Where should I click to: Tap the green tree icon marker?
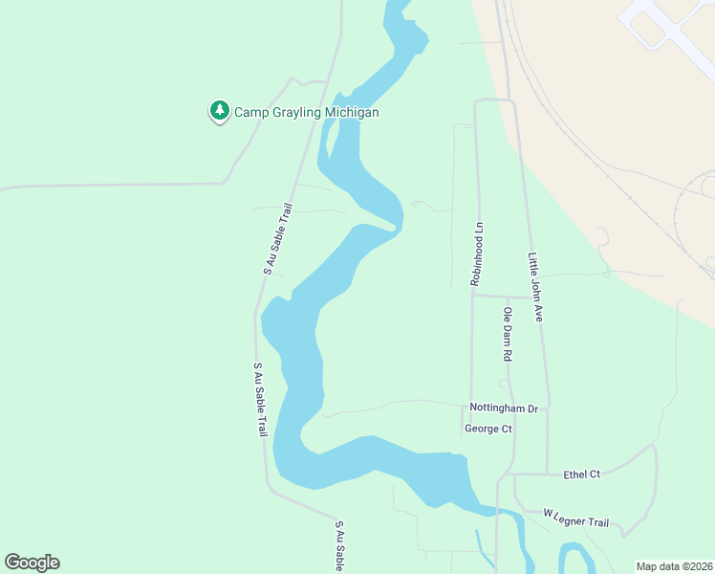point(220,112)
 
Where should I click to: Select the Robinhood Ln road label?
point(477,254)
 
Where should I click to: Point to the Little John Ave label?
point(534,286)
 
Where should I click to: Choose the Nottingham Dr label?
point(504,408)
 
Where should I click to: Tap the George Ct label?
point(487,429)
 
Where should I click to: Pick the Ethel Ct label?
point(581,474)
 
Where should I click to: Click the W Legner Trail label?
point(575,518)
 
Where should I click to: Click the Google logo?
point(32,563)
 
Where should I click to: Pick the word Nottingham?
point(497,408)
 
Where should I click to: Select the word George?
point(482,429)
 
